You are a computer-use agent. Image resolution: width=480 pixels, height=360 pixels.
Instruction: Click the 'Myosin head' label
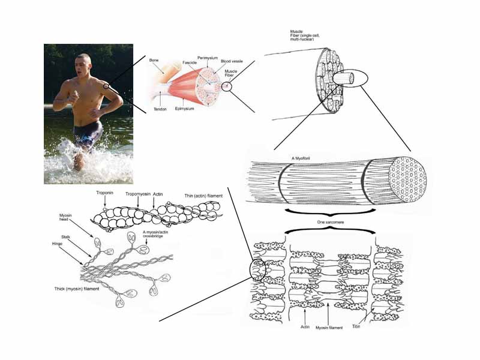pyautogui.click(x=66, y=217)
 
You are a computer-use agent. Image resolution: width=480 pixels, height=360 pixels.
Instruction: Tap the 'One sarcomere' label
pyautogui.click(x=328, y=221)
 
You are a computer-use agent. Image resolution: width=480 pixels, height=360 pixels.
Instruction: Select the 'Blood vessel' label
pyautogui.click(x=230, y=61)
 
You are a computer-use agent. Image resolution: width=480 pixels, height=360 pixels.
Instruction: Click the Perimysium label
pyautogui.click(x=208, y=57)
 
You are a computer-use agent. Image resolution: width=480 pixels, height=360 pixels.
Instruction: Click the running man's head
pyautogui.click(x=84, y=62)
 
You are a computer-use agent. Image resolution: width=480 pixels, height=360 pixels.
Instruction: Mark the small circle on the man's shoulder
pyautogui.click(x=106, y=86)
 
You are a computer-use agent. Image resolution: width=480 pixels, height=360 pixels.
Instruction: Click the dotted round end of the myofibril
pyautogui.click(x=408, y=179)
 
